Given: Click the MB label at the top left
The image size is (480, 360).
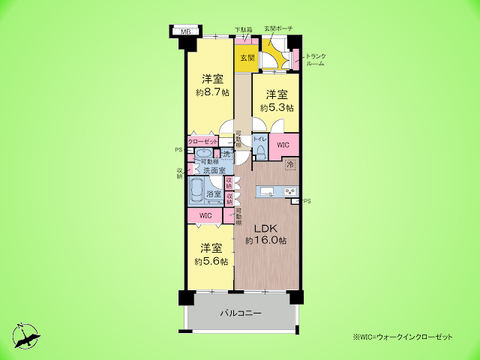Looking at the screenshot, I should point(186,31).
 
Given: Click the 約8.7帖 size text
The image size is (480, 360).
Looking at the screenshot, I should point(211,91).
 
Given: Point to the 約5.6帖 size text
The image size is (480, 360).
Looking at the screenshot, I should point(209,261).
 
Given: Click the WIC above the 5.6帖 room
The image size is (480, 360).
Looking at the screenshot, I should point(205,216).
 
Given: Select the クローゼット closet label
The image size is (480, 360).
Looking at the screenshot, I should point(201,143).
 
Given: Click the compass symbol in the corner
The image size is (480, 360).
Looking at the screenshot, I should point(27,337).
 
